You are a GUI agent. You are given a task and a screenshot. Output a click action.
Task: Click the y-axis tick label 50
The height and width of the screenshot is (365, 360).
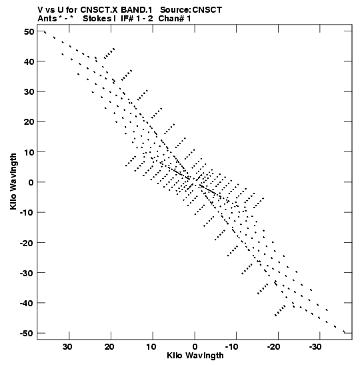pyautogui.click(x=29, y=31)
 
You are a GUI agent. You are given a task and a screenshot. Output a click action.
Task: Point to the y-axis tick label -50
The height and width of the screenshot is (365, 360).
pyautogui.click(x=27, y=333)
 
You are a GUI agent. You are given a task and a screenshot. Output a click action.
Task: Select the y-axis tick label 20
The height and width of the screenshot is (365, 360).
pyautogui.click(x=29, y=121)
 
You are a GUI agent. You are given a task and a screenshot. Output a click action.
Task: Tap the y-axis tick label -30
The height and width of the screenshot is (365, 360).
pyautogui.click(x=27, y=273)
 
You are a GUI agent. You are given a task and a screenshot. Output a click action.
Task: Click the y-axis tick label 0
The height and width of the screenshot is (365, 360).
pyautogui.click(x=31, y=182)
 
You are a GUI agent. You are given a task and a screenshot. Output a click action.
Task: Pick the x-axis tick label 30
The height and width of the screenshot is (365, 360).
pyautogui.click(x=67, y=347)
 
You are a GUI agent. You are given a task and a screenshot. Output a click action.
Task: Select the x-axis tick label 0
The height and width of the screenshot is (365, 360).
pyautogui.click(x=195, y=347)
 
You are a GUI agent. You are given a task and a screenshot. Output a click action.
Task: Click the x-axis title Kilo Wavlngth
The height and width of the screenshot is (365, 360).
pyautogui.click(x=195, y=356)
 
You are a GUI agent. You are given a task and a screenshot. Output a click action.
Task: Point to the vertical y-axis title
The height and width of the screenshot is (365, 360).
pyautogui.click(x=13, y=181)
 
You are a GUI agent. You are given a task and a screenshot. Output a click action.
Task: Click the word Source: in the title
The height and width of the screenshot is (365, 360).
pyautogui.click(x=175, y=10)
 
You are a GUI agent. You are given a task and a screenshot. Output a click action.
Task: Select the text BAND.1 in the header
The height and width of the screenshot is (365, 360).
pyautogui.click(x=137, y=10)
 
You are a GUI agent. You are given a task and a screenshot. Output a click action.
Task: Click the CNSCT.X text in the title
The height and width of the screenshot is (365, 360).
pyautogui.click(x=99, y=10)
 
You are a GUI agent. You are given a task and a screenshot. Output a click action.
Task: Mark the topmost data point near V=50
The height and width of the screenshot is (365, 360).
pyautogui.click(x=45, y=32)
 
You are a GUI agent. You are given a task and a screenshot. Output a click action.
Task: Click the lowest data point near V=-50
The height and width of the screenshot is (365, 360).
pyautogui.click(x=345, y=332)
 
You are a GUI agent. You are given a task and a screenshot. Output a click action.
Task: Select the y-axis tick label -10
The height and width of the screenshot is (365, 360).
pyautogui.click(x=27, y=212)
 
